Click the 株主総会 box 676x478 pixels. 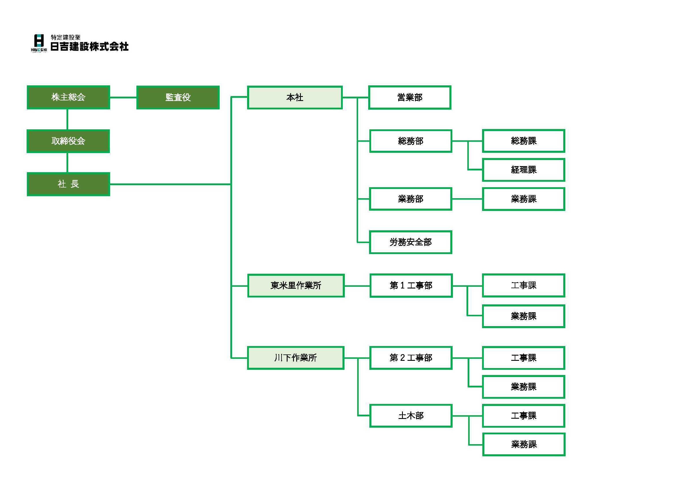tap(68, 97)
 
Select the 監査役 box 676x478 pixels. tap(178, 98)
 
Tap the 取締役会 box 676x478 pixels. tap(68, 141)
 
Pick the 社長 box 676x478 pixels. tap(68, 184)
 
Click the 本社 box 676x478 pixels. tap(295, 98)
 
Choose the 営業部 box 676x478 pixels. tap(410, 98)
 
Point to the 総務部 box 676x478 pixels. tap(410, 141)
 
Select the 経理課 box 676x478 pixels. tap(523, 170)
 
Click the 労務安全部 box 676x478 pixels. tap(410, 242)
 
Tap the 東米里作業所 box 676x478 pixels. tap(296, 286)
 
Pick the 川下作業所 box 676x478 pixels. tap(296, 358)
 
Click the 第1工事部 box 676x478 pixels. tap(411, 286)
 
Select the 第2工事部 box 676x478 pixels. tap(411, 358)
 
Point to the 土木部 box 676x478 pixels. tap(411, 416)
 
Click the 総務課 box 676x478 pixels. tap(523, 141)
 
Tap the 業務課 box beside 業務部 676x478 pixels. tap(523, 199)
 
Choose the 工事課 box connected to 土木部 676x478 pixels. tap(523, 416)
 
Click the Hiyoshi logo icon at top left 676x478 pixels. tap(39, 43)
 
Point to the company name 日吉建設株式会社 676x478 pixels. tap(90, 47)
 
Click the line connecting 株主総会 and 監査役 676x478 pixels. tap(123, 97)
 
